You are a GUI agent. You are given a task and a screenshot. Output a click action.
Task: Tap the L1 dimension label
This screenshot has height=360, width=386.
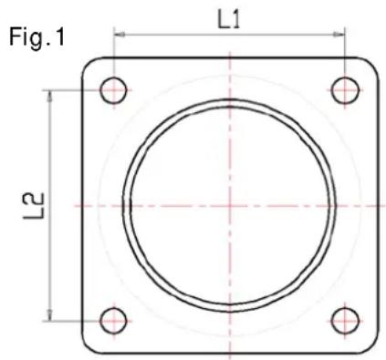point(229,18)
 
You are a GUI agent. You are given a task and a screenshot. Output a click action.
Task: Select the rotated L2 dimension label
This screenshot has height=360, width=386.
point(28,205)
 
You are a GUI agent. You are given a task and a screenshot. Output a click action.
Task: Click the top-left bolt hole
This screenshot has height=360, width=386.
point(113,90)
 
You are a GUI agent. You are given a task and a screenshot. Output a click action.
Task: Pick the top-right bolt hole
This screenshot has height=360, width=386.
point(345,90)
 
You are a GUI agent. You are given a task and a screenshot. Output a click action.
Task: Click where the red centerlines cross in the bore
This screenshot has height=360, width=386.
point(230,205)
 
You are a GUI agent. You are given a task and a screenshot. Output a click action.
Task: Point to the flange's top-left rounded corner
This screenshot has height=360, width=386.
point(89,66)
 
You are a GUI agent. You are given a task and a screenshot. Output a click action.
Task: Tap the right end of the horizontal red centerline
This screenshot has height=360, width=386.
point(384,205)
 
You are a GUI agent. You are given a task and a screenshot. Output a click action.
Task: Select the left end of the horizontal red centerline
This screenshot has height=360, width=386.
point(75,205)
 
